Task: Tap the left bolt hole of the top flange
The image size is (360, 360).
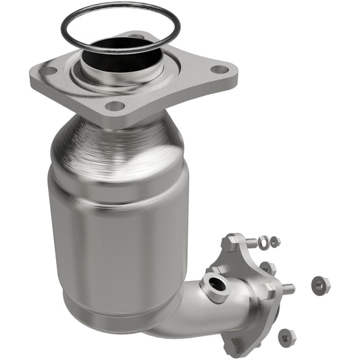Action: [48, 70]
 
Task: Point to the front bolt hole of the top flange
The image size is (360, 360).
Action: [115, 105]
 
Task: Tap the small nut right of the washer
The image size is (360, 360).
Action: [275, 240]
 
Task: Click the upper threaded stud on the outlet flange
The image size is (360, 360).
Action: [251, 241]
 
